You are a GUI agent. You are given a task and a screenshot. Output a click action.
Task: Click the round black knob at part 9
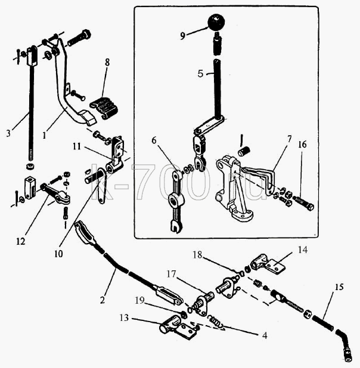[x=216, y=22]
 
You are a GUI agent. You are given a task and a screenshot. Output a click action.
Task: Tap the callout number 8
[x=107, y=63]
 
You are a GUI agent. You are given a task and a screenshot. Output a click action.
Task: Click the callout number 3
[x=9, y=133]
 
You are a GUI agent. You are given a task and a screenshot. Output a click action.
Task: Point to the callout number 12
[x=20, y=241]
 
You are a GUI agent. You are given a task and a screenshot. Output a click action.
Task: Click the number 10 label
[x=58, y=254]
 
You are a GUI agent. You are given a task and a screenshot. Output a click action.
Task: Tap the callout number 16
[x=302, y=145]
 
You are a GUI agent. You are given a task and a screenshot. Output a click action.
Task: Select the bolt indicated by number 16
[x=303, y=204]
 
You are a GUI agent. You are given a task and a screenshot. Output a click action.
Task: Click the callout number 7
[x=289, y=139]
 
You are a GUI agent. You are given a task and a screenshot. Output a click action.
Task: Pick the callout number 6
[x=154, y=141]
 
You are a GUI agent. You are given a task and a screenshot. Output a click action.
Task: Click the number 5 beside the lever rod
[x=200, y=74]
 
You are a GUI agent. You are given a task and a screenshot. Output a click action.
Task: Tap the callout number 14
[x=303, y=250]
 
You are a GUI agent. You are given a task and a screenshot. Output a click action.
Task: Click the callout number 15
[x=339, y=287]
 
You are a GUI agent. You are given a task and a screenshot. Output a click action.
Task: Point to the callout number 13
[x=124, y=318]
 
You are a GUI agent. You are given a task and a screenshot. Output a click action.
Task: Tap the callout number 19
[x=139, y=301]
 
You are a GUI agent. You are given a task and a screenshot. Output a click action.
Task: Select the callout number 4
[x=265, y=336]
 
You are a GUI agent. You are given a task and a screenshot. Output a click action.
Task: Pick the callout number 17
[x=171, y=274]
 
